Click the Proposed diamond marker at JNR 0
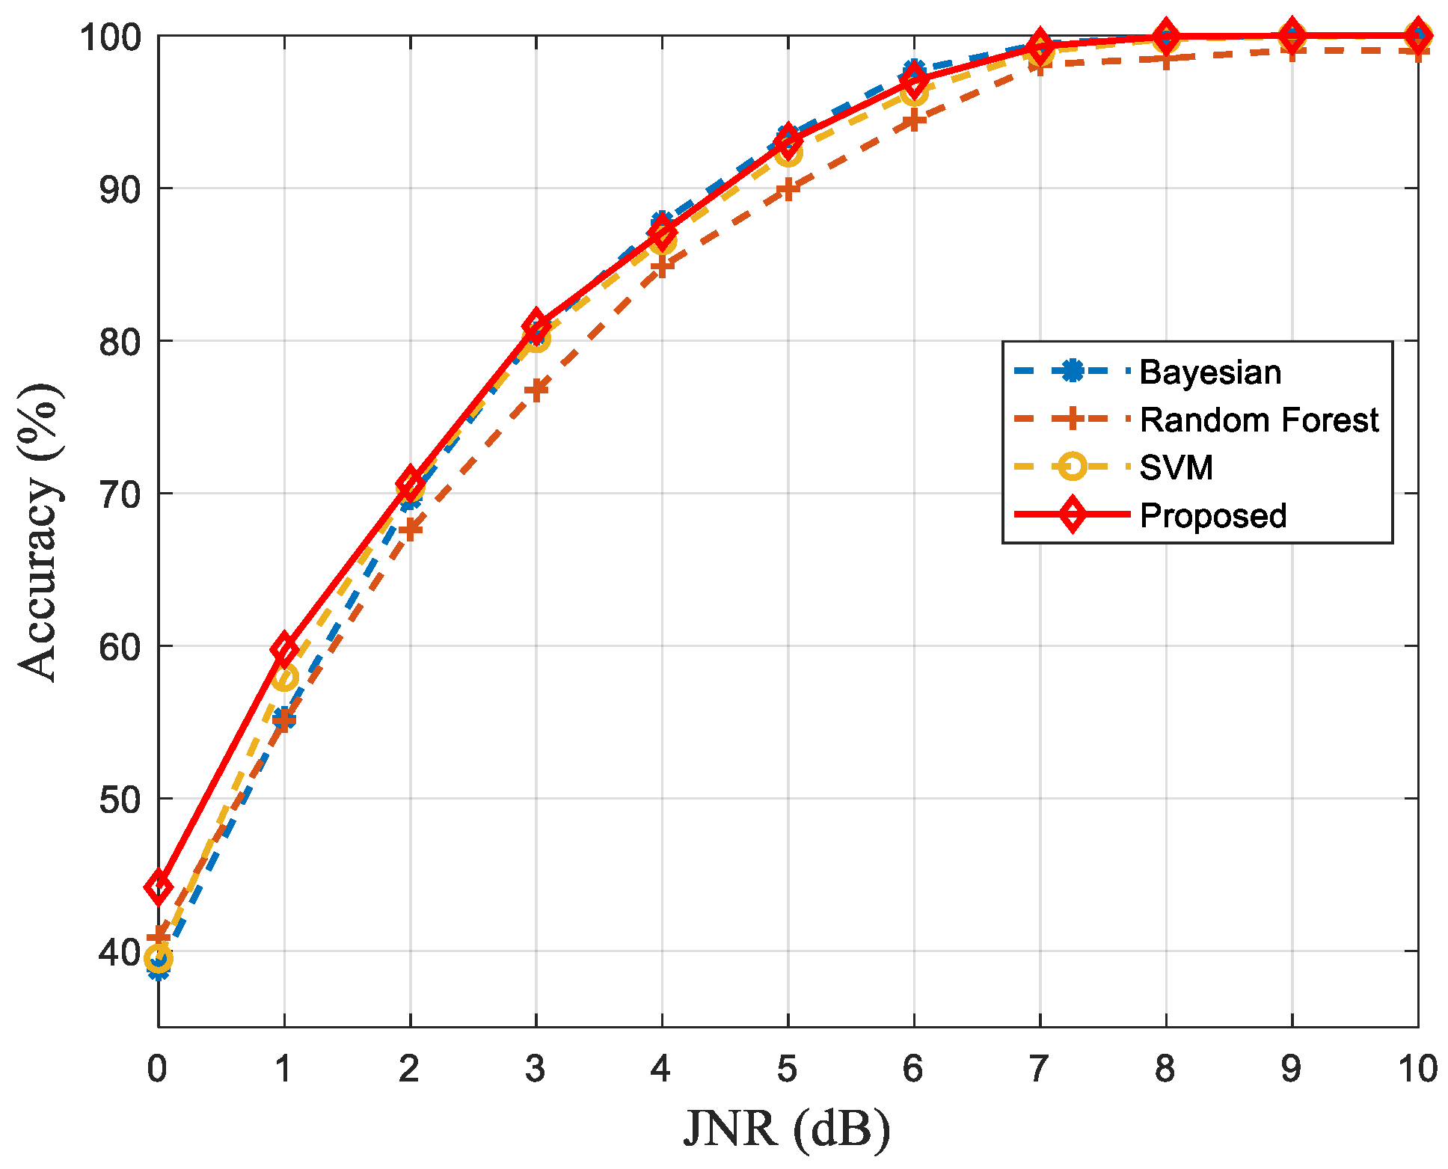[x=159, y=887]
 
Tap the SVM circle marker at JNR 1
[x=284, y=678]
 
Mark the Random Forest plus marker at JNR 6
[x=913, y=120]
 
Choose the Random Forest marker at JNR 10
[x=1417, y=50]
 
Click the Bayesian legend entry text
[x=1209, y=372]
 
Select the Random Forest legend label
[x=1258, y=420]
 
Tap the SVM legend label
[x=1176, y=468]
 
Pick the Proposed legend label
[x=1212, y=516]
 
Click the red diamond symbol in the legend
[x=1072, y=515]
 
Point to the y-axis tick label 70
[x=119, y=494]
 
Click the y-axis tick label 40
[x=119, y=951]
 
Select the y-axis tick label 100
[x=110, y=37]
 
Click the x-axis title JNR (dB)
[x=787, y=1129]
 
